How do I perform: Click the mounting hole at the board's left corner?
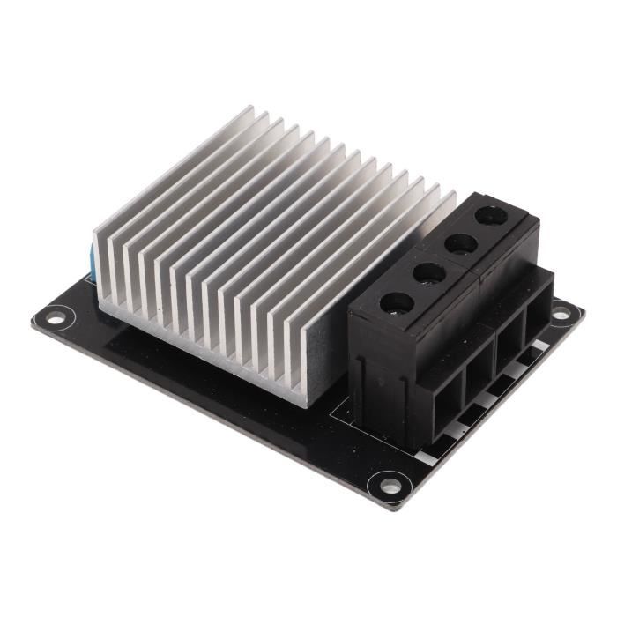click(56, 314)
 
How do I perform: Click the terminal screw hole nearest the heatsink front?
click(396, 304)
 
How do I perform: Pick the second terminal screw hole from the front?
click(429, 273)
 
